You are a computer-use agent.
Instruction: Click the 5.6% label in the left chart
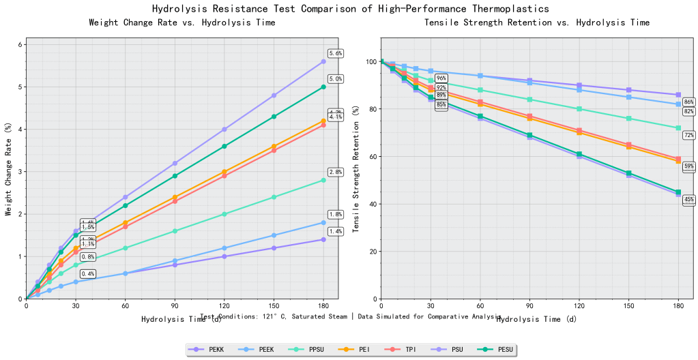pyautogui.click(x=335, y=53)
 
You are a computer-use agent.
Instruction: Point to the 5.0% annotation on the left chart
pyautogui.click(x=335, y=78)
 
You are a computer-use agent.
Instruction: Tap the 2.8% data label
pyautogui.click(x=335, y=172)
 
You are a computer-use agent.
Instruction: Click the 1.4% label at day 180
pyautogui.click(x=335, y=231)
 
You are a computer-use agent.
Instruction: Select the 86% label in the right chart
pyautogui.click(x=688, y=102)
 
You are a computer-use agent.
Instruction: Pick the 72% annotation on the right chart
pyautogui.click(x=688, y=136)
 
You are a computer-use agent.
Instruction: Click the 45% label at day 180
pyautogui.click(x=688, y=200)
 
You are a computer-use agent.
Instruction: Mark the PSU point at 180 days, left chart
pyautogui.click(x=323, y=61)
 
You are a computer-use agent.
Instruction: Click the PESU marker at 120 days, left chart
pyautogui.click(x=224, y=146)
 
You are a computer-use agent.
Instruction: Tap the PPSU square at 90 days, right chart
pyautogui.click(x=529, y=100)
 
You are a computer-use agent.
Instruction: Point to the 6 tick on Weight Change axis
pyautogui.click(x=21, y=44)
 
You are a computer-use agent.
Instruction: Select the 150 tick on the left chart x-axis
pyautogui.click(x=274, y=307)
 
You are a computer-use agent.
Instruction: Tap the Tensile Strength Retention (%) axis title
pyautogui.click(x=356, y=172)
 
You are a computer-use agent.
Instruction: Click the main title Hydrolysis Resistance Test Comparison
pyautogui.click(x=349, y=9)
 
